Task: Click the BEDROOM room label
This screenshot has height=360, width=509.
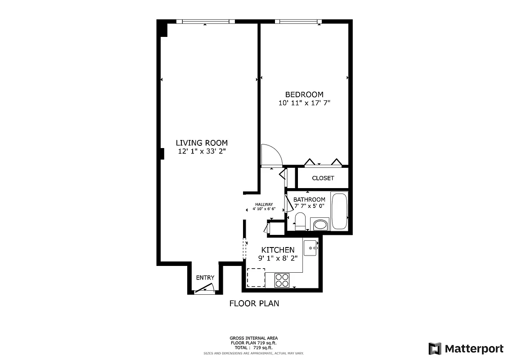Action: pos(304,94)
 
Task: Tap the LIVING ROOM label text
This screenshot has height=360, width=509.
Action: pos(202,143)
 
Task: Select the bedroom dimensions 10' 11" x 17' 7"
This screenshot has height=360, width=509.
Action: pos(304,103)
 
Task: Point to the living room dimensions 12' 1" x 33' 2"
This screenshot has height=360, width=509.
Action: pos(202,152)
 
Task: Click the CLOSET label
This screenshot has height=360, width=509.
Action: pos(323,178)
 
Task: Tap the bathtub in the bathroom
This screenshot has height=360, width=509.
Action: pos(339,211)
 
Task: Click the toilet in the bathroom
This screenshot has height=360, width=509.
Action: pos(300,221)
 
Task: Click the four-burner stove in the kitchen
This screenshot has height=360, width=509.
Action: pos(283,280)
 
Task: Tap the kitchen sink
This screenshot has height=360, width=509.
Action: pos(311,247)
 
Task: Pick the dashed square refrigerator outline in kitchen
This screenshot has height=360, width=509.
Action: pos(256,278)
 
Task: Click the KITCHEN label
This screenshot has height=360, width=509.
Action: pos(278,250)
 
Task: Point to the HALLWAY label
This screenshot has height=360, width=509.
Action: pos(264,204)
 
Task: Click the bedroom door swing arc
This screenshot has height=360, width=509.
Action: pos(271,155)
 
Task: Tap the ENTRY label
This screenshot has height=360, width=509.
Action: pos(205,278)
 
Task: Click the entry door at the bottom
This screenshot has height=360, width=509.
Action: pos(205,288)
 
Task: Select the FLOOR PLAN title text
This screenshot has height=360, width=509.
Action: pos(254,303)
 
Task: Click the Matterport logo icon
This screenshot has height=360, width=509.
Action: pos(435,349)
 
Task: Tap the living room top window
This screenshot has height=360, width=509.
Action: pos(205,21)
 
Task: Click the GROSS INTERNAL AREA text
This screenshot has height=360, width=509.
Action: pos(254,338)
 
